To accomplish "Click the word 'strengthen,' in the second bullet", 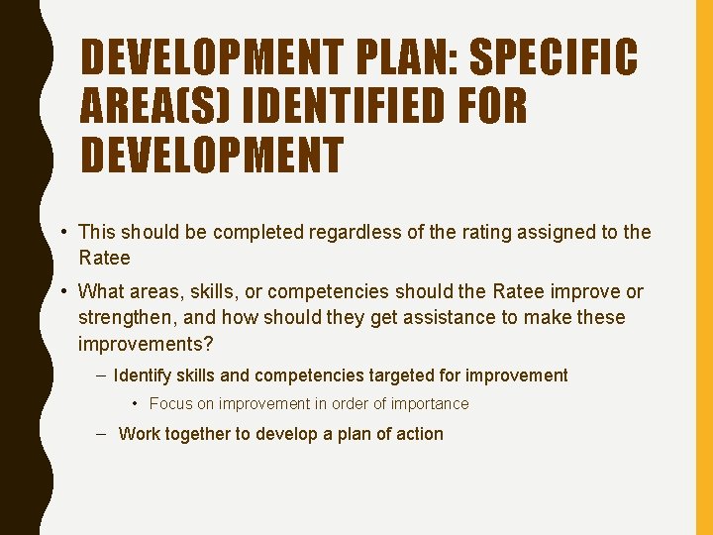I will click(125, 317).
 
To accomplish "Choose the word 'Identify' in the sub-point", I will click(143, 375).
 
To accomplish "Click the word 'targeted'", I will click(399, 375).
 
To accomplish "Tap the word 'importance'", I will click(430, 404).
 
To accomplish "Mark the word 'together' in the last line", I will click(207, 434).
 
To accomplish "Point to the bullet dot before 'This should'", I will click(63, 232).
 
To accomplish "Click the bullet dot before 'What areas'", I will click(63, 291).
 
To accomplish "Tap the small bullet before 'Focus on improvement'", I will click(136, 404).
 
